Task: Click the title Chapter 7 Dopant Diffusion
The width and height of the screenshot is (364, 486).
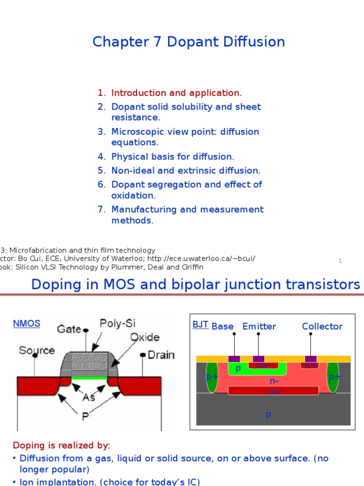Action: coord(189,42)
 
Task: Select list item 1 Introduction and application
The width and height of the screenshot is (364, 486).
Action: coord(176,93)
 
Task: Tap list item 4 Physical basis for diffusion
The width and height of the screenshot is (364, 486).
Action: coord(173,157)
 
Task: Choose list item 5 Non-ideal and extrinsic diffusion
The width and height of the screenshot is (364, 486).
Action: coord(185,170)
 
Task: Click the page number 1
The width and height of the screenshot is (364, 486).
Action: coord(340,261)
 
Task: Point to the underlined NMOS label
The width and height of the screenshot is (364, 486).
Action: coord(26,324)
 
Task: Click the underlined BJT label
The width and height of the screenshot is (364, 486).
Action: coord(200,325)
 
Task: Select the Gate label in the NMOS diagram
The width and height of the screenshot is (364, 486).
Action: coord(70,328)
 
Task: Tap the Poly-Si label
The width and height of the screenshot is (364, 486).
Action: coord(118,324)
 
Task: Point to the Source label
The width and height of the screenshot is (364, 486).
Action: coord(36,350)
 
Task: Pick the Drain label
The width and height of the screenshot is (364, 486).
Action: coord(161,355)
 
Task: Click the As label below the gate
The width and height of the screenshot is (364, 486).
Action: coord(89,397)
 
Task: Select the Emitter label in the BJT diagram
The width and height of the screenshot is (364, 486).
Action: coord(259,327)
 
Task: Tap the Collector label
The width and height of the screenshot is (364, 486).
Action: coord(322,327)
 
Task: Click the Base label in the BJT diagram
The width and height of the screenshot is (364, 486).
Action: coord(222,327)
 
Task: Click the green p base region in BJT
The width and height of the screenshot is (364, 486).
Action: coord(238,369)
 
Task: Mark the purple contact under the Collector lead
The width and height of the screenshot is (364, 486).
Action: coord(310,359)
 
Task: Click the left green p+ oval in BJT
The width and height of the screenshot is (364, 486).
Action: coord(211,377)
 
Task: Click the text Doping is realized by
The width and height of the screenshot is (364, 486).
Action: coord(61,446)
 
